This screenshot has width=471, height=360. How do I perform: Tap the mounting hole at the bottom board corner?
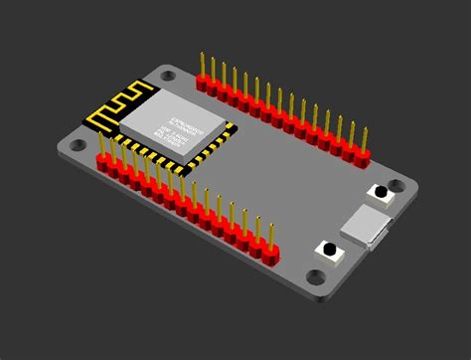316,276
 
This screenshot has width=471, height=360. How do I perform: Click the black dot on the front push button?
325,249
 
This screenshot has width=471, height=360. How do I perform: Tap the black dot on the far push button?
380,191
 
